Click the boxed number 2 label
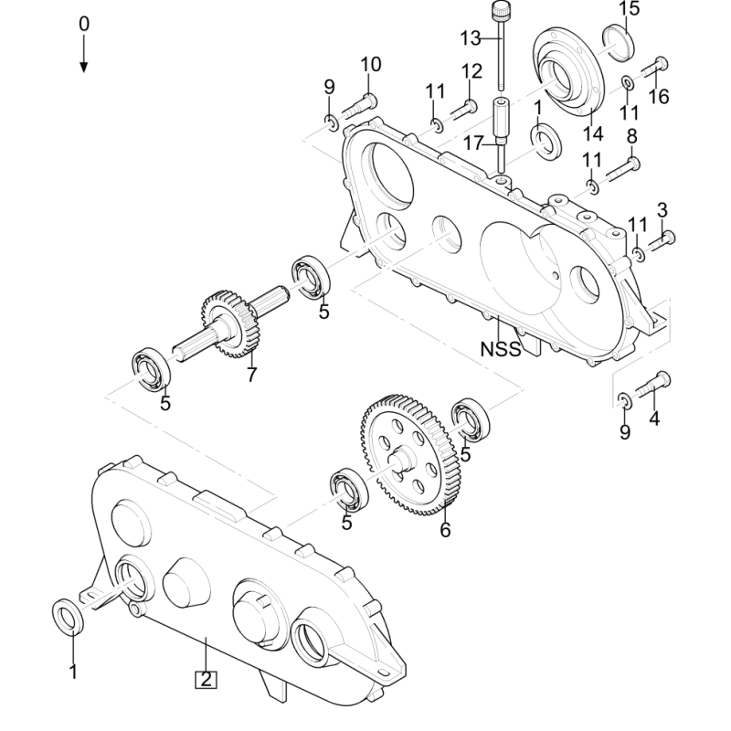point(207,679)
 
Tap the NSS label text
point(501,349)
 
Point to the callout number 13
point(471,38)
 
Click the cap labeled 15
point(619,43)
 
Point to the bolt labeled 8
point(623,170)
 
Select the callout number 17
point(473,143)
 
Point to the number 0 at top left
point(84,24)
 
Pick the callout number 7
point(252,375)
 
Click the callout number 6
point(445,530)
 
